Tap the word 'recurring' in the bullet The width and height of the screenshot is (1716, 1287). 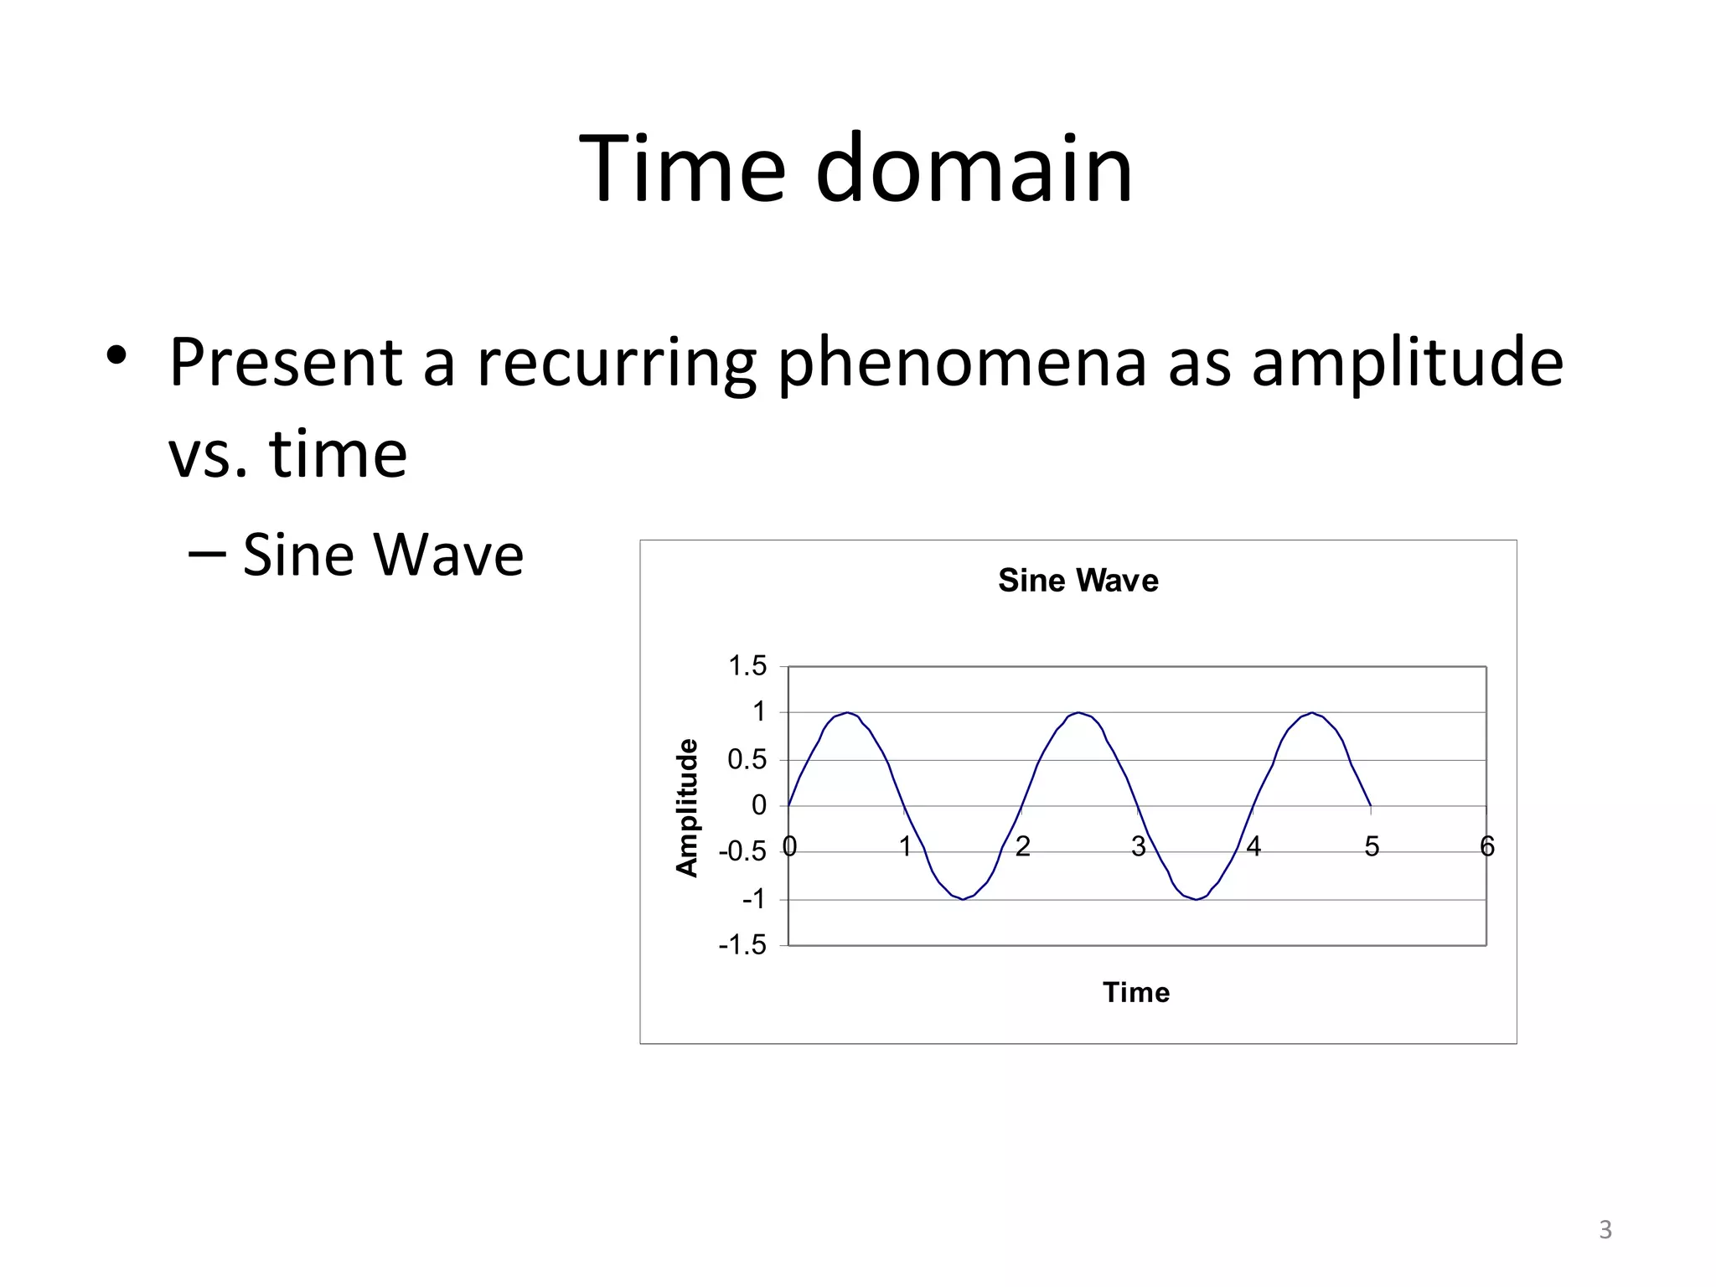pyautogui.click(x=616, y=362)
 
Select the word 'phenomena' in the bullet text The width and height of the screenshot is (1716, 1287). pyautogui.click(x=960, y=362)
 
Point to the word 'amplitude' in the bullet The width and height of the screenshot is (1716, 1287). pyautogui.click(x=1407, y=362)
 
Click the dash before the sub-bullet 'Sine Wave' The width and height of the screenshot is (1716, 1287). pyautogui.click(x=206, y=554)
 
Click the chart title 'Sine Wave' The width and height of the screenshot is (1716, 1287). pyautogui.click(x=1078, y=580)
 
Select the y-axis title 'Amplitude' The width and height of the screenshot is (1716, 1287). pyautogui.click(x=687, y=808)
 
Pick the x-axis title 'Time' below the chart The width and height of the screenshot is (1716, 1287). pyautogui.click(x=1135, y=992)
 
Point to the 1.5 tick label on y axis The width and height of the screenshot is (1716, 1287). pyautogui.click(x=747, y=666)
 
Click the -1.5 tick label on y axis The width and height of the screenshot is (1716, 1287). pyautogui.click(x=742, y=945)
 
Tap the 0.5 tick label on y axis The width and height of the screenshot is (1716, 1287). pyautogui.click(x=747, y=760)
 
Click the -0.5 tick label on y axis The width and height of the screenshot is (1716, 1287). pyautogui.click(x=742, y=852)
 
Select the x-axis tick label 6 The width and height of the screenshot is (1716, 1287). pyautogui.click(x=1487, y=847)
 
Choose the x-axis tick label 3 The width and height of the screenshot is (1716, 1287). pyautogui.click(x=1138, y=847)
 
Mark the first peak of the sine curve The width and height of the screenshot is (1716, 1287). pyautogui.click(x=848, y=713)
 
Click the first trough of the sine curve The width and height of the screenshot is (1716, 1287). pyautogui.click(x=964, y=899)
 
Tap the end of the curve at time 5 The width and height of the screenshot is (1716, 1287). pyautogui.click(x=1370, y=805)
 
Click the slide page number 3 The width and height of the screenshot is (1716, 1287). pyautogui.click(x=1605, y=1230)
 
